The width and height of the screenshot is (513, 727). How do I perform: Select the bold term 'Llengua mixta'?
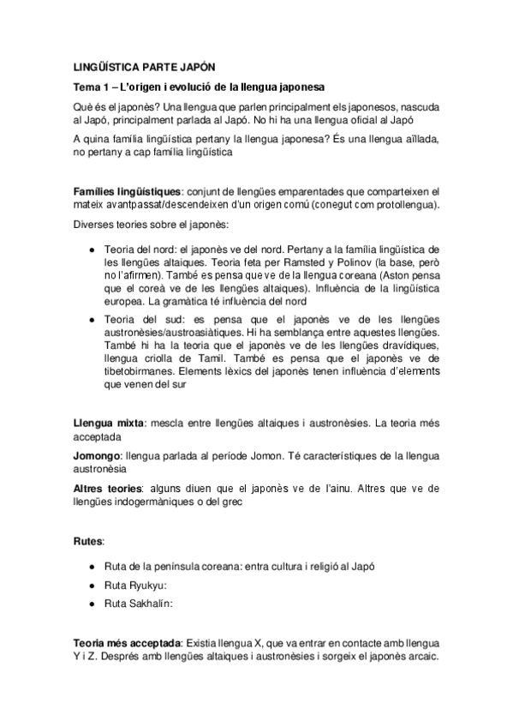pyautogui.click(x=108, y=423)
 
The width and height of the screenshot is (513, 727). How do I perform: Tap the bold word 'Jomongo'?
pyautogui.click(x=97, y=455)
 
